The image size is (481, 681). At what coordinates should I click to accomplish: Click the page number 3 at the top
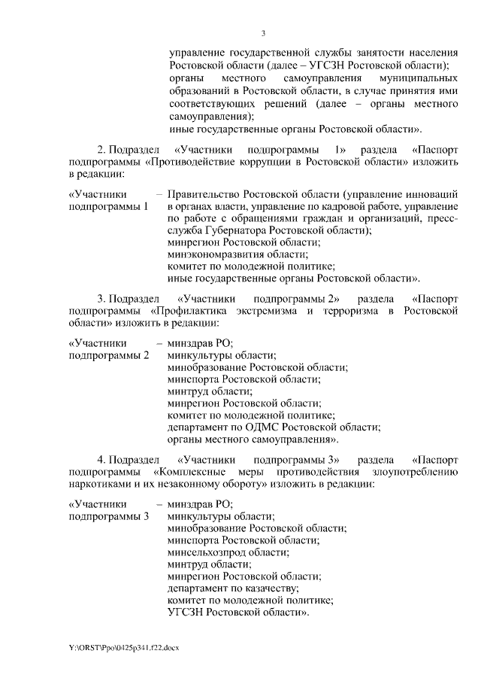[263, 32]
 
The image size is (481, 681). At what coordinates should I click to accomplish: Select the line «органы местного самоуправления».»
[254, 438]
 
